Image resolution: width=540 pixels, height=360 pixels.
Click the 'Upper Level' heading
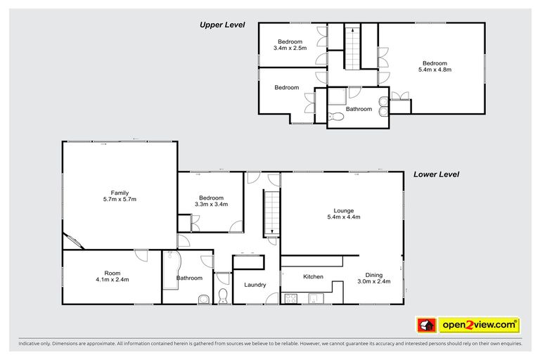(x=221, y=25)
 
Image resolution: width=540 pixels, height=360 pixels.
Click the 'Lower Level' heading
(x=436, y=174)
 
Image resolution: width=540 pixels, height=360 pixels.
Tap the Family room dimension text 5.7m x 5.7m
(x=119, y=200)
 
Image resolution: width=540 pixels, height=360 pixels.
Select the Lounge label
(x=343, y=210)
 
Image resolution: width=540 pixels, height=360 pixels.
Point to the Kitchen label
(x=313, y=277)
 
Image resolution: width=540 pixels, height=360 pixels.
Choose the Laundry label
(x=255, y=285)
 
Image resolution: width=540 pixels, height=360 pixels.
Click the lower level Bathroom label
(x=190, y=278)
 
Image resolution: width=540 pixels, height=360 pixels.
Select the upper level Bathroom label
(x=359, y=109)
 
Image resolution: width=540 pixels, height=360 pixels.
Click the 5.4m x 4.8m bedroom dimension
(x=434, y=70)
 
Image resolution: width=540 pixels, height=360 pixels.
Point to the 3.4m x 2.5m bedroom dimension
(x=290, y=49)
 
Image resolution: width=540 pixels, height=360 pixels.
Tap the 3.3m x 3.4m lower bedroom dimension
(x=211, y=205)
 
